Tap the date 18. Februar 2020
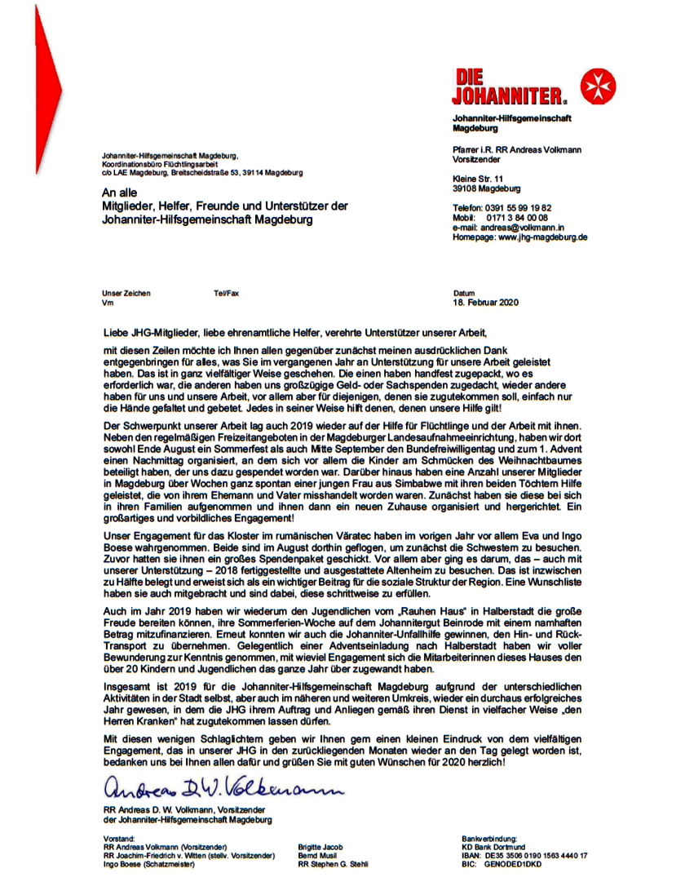pyautogui.click(x=485, y=303)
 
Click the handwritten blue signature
pyautogui.click(x=220, y=789)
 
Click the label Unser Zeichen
pyautogui.click(x=126, y=294)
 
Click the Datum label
pyautogui.click(x=463, y=294)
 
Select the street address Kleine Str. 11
pyautogui.click(x=478, y=179)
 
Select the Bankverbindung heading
pyautogui.click(x=489, y=839)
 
